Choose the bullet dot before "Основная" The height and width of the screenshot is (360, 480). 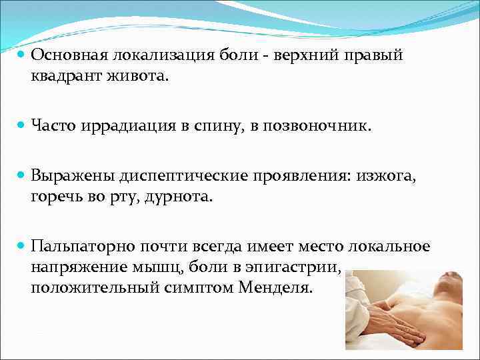click(x=20, y=56)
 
